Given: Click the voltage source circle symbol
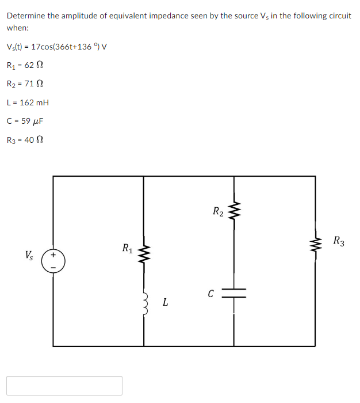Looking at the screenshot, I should (x=53, y=261).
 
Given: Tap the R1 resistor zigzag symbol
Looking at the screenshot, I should (x=144, y=251).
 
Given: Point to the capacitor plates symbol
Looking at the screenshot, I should (x=233, y=293).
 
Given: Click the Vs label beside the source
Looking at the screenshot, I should (x=29, y=254).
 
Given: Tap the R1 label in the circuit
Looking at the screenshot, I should (x=128, y=249).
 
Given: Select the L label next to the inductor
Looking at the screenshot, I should (x=165, y=301).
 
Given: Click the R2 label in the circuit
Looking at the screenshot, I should (x=218, y=211).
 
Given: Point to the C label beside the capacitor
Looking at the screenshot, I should (x=211, y=294).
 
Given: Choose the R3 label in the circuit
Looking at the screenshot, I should (x=339, y=241).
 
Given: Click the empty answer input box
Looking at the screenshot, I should (x=64, y=385).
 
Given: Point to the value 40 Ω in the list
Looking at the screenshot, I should (x=32, y=140).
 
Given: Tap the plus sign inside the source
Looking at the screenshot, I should (x=53, y=254).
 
